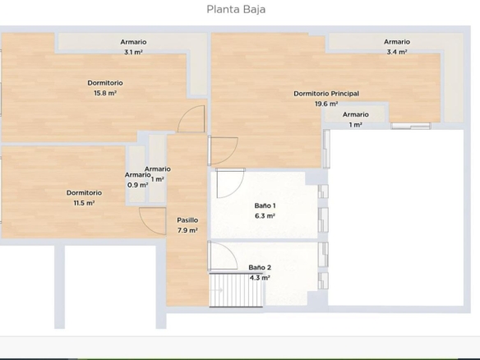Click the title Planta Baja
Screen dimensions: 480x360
click(236, 10)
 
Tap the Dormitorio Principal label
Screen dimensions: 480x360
click(326, 94)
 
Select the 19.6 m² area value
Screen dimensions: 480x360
click(326, 104)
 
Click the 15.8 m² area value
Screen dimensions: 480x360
click(105, 93)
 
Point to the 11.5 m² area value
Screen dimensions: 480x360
click(84, 203)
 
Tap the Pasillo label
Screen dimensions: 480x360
click(187, 220)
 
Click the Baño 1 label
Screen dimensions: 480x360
click(265, 205)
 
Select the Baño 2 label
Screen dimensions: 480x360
click(260, 268)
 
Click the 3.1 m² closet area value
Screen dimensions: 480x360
click(133, 53)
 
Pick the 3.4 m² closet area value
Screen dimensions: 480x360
click(397, 52)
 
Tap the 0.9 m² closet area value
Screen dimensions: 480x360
click(137, 185)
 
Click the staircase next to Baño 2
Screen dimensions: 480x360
click(236, 290)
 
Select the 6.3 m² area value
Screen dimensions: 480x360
click(265, 216)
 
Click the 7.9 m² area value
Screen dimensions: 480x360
click(187, 230)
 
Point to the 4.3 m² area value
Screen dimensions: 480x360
click(260, 278)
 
